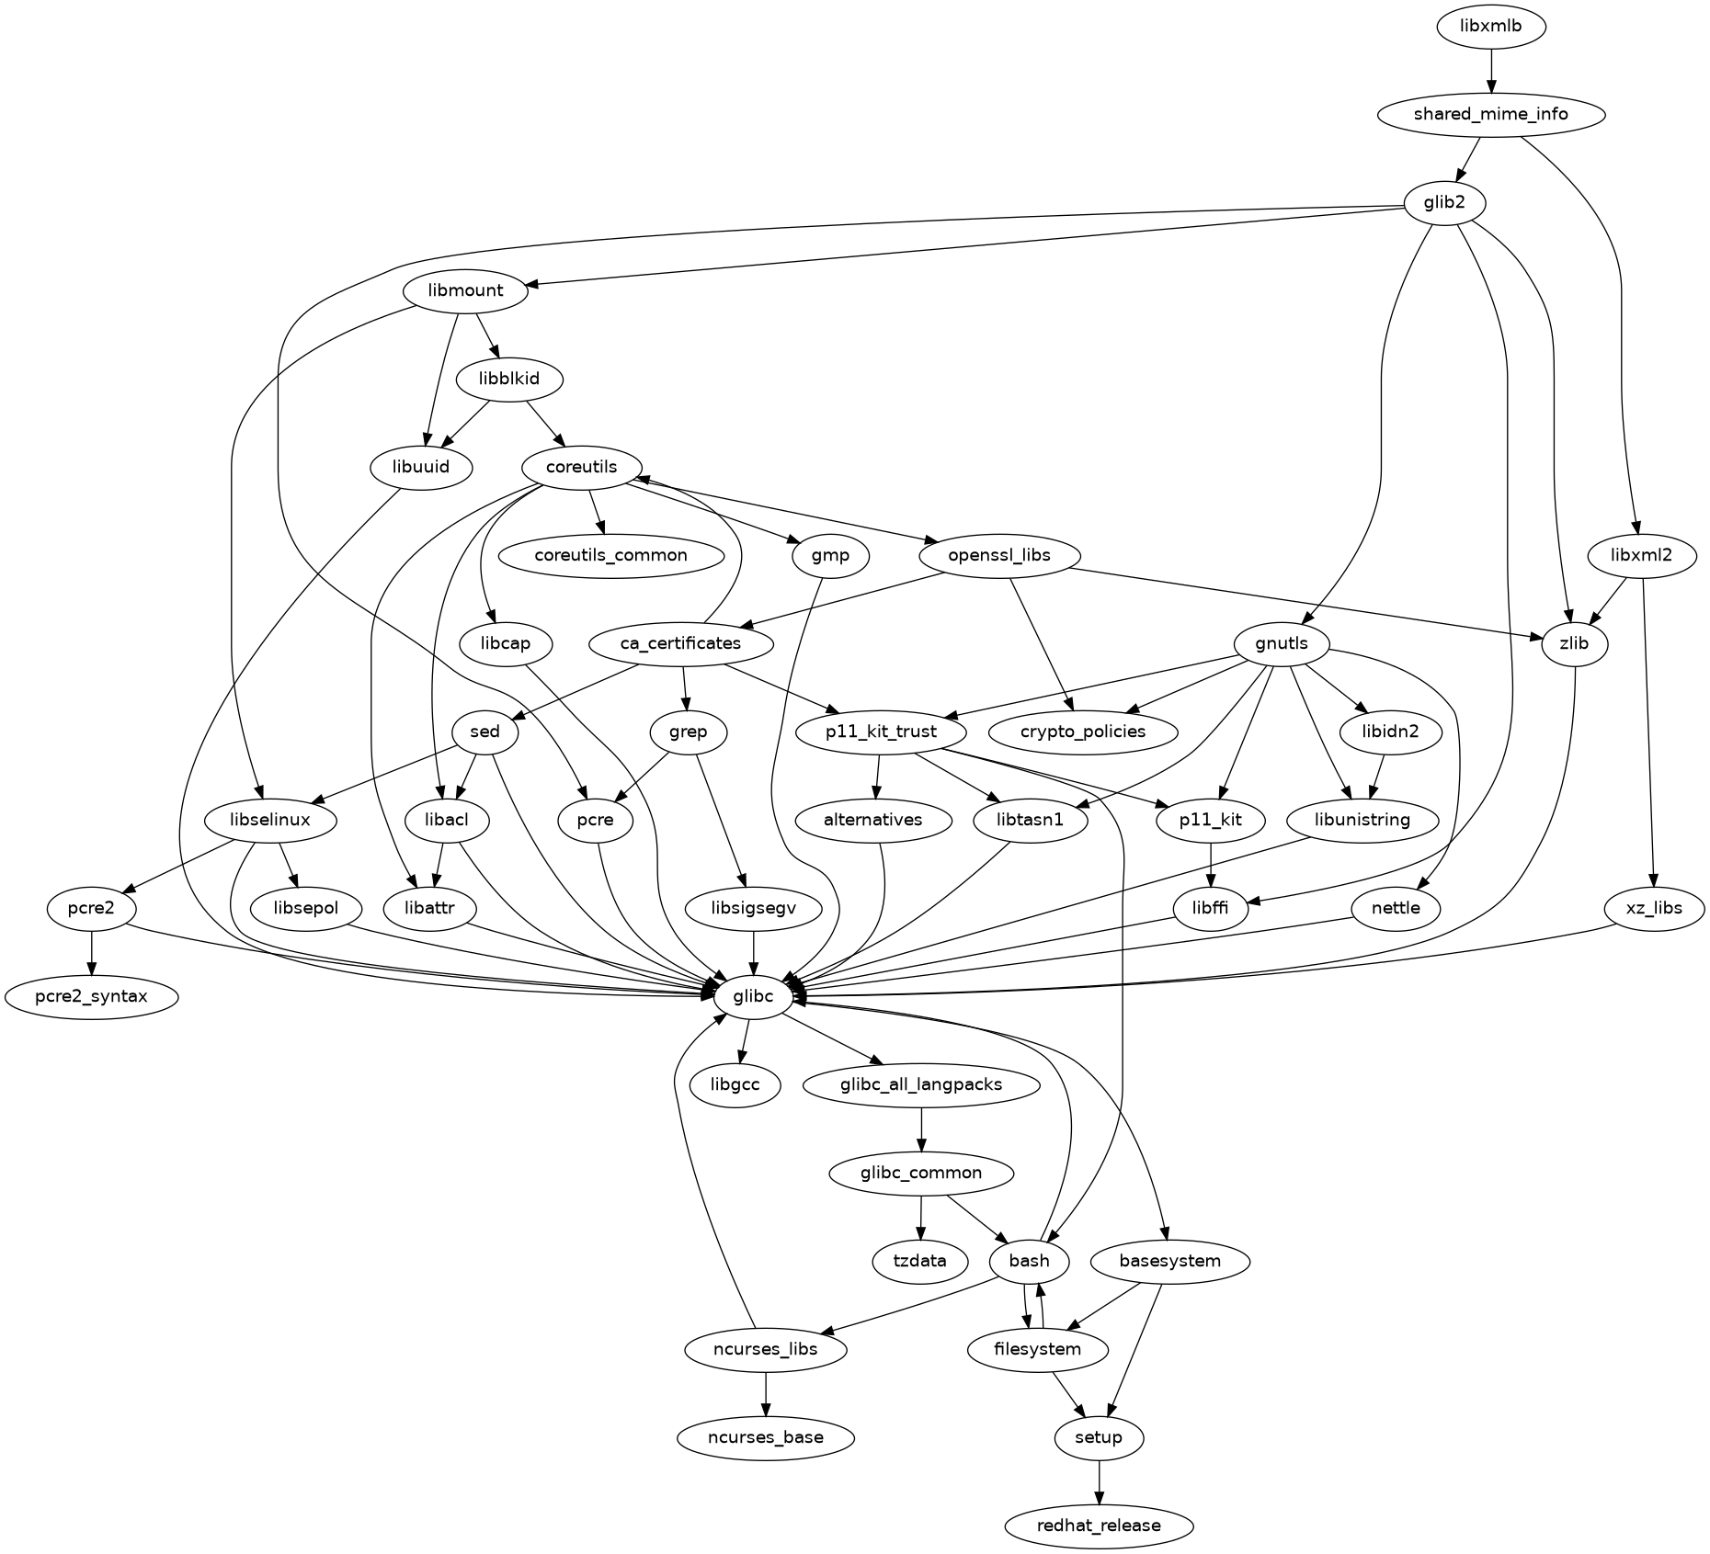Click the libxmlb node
point(1491,27)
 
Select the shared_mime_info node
point(1491,115)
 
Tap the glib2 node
point(1444,203)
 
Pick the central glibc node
point(753,996)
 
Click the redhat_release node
point(1099,1526)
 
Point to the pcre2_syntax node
point(91,996)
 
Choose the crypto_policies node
point(1084,732)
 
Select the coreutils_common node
point(610,555)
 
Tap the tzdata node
point(920,1261)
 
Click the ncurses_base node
point(766,1437)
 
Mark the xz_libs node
point(1654,908)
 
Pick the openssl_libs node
point(998,555)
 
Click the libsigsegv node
point(753,908)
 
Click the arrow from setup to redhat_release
point(1099,1481)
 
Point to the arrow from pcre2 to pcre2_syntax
point(91,952)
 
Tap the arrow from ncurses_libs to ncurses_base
point(766,1393)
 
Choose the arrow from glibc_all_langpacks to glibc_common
point(921,1129)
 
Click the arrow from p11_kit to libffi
point(1212,864)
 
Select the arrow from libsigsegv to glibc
point(753,952)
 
